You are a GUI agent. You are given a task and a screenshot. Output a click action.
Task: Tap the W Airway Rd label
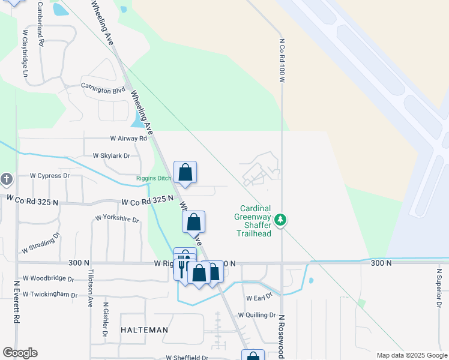click(124, 138)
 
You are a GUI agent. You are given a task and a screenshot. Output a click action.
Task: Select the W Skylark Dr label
click(111, 155)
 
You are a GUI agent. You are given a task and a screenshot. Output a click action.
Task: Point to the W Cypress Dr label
click(50, 176)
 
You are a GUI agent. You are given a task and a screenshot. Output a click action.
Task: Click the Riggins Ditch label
click(154, 178)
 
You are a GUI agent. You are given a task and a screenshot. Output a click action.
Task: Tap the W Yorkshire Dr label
click(117, 218)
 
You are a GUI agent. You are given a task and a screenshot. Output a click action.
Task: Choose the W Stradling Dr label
click(41, 242)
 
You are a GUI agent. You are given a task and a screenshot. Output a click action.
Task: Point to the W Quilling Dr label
click(256, 315)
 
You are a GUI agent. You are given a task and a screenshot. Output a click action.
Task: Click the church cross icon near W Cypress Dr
click(6, 179)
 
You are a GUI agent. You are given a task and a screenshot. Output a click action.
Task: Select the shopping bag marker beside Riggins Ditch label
click(185, 172)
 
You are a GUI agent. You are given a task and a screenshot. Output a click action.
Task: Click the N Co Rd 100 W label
click(282, 58)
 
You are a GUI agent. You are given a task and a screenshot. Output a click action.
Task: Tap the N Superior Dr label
click(439, 287)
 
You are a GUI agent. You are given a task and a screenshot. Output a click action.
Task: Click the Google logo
click(20, 353)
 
